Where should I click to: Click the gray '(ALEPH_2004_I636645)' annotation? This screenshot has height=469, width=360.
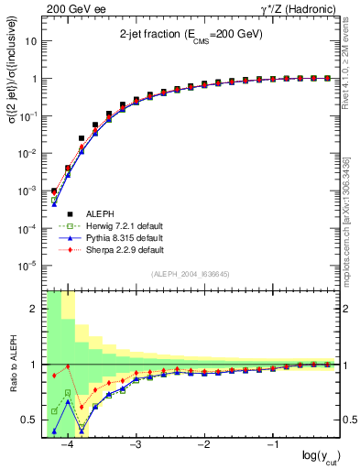tap(191, 274)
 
